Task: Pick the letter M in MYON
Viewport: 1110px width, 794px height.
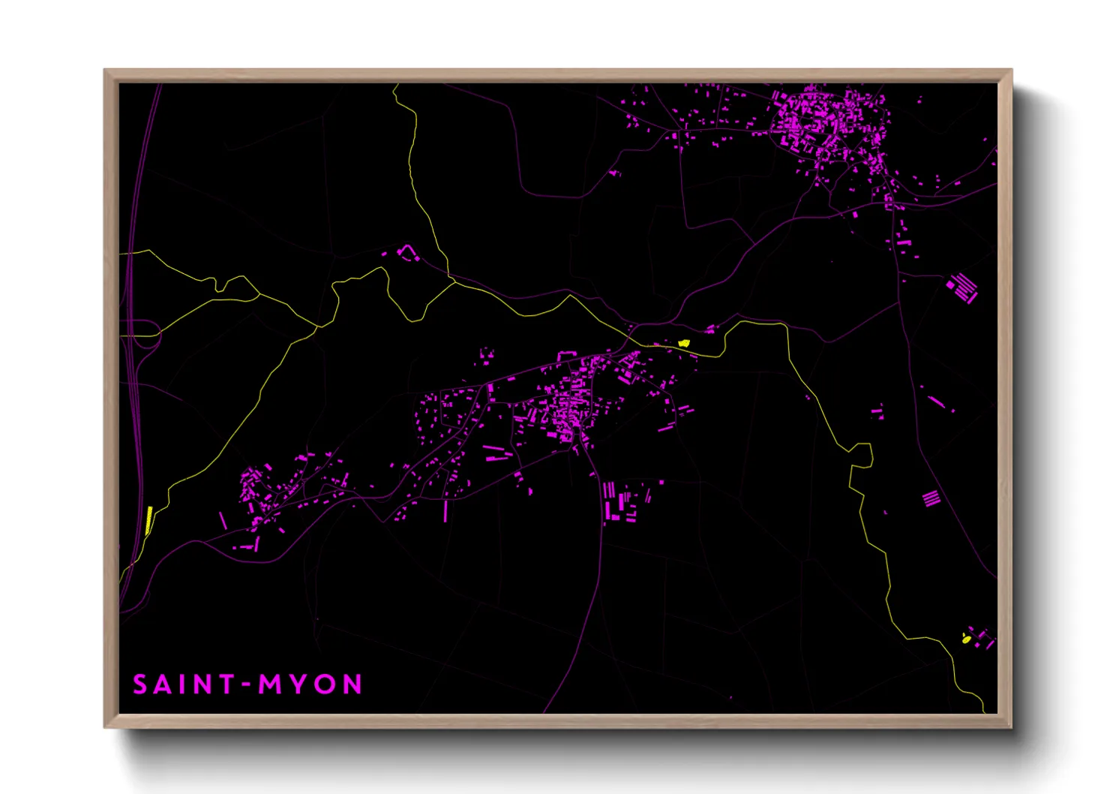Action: tap(268, 684)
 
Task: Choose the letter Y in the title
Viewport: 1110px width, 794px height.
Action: tap(298, 684)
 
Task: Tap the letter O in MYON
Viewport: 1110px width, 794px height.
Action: tap(325, 684)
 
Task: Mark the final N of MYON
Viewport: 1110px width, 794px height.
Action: tap(353, 684)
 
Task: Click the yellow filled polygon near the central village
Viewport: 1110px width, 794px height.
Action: tap(683, 343)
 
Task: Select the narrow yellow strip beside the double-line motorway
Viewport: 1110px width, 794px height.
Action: tap(148, 519)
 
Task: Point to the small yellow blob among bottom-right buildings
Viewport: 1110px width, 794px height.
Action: tap(966, 639)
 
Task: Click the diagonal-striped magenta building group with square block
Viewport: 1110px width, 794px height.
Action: tap(961, 287)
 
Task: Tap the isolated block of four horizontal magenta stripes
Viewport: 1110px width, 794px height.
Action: tap(930, 498)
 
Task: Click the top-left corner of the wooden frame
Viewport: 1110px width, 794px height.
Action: tap(106, 71)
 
